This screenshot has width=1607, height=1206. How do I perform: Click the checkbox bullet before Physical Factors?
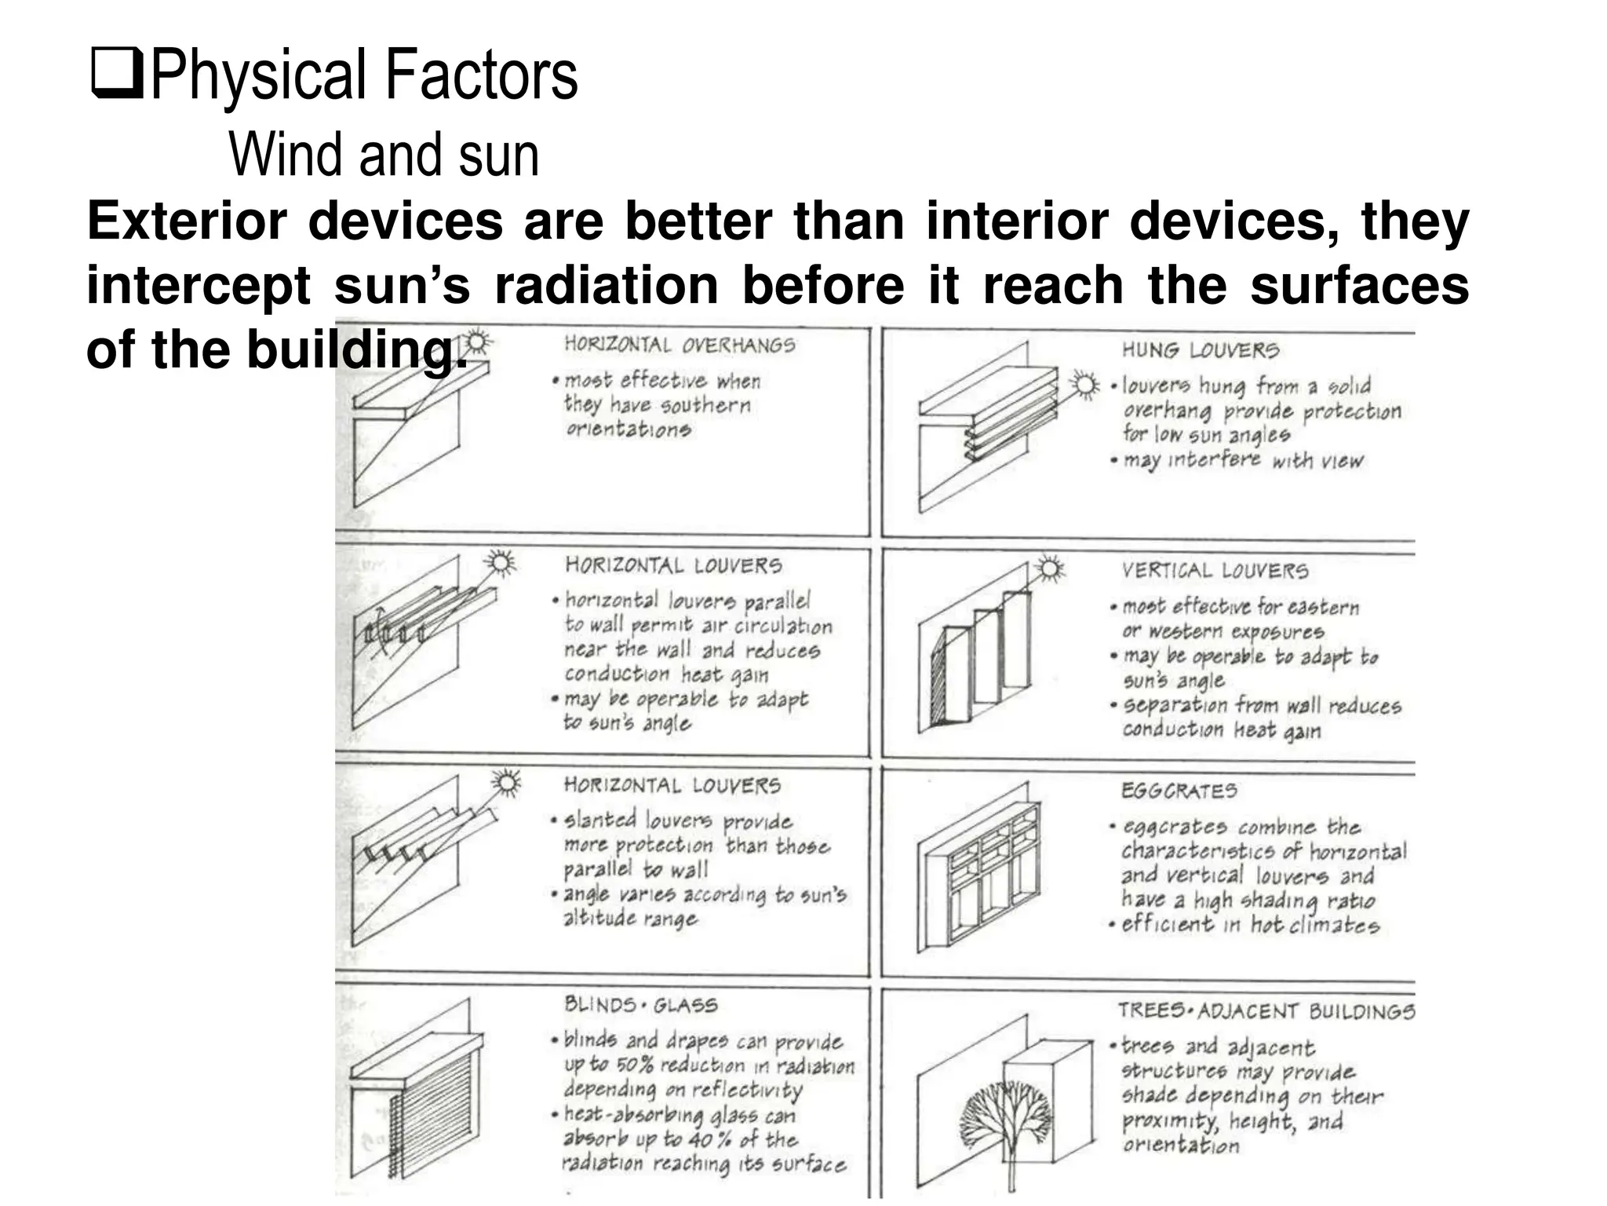pyautogui.click(x=117, y=74)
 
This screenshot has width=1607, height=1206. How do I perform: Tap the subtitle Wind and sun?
pyautogui.click(x=384, y=155)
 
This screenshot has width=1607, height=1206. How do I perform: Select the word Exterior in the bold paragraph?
pyautogui.click(x=187, y=221)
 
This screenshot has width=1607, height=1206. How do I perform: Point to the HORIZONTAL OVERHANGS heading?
pyautogui.click(x=680, y=345)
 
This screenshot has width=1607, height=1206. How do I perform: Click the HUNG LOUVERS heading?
pyautogui.click(x=1200, y=350)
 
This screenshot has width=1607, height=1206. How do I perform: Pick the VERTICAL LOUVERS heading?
pyautogui.click(x=1215, y=571)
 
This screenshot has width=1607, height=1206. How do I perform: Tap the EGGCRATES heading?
pyautogui.click(x=1179, y=791)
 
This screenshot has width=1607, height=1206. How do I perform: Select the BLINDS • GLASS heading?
pyautogui.click(x=640, y=1005)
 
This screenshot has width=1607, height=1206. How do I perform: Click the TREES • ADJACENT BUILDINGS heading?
pyautogui.click(x=1266, y=1010)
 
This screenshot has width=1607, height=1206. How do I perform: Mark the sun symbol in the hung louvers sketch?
pyautogui.click(x=1085, y=385)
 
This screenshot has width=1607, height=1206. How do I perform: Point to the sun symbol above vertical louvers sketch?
pyautogui.click(x=1049, y=568)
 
